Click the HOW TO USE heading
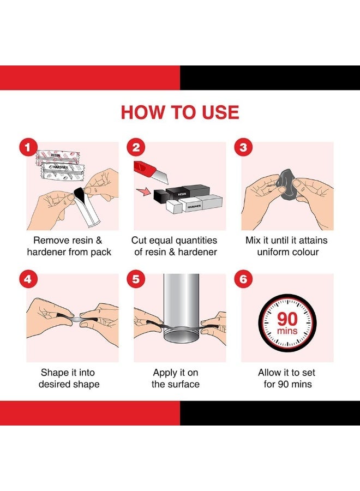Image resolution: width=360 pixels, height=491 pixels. coord(180,112)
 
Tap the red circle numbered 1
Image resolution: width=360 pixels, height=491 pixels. coord(28,147)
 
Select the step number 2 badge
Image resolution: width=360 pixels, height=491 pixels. coord(136,147)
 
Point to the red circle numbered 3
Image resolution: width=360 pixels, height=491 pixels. coord(243,147)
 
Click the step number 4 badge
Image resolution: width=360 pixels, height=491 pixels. coord(28,279)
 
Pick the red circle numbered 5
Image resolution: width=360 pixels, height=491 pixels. coord(136,279)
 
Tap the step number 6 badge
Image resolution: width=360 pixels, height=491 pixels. coord(243,279)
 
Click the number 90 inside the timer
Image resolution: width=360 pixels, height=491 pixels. coord(287,319)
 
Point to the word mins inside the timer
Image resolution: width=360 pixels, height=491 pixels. coord(287,331)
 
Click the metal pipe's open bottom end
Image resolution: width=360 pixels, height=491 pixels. coord(181,338)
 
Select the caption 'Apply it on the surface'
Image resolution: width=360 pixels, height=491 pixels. coord(175,378)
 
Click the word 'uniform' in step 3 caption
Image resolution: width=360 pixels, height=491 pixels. coord(272,252)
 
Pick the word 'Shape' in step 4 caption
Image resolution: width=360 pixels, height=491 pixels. coord(53,373)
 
